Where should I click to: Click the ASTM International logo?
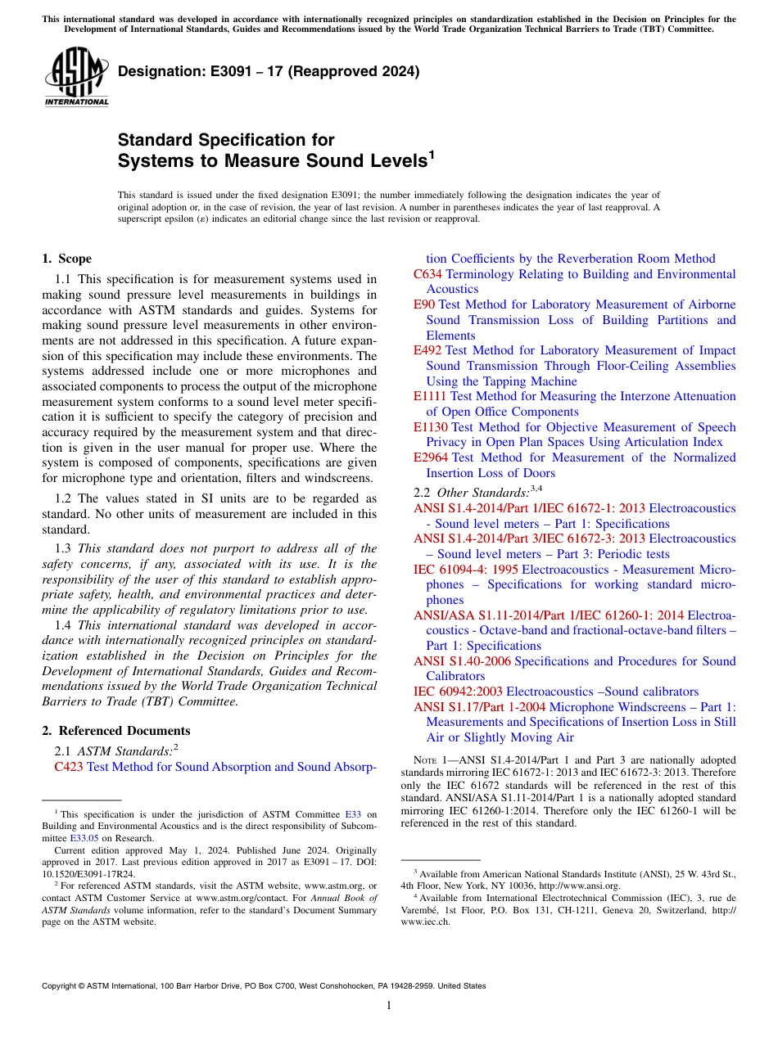click(x=75, y=78)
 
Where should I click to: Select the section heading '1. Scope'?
click(x=66, y=259)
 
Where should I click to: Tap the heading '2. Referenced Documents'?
click(x=115, y=731)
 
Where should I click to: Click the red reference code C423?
click(x=69, y=767)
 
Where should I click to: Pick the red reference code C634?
click(x=427, y=274)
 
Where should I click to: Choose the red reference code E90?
click(x=423, y=304)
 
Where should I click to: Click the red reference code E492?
click(x=427, y=350)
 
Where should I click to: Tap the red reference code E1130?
click(x=431, y=427)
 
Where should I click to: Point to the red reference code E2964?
click(x=431, y=457)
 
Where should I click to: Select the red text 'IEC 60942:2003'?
click(x=458, y=692)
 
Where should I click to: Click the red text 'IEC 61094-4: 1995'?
click(x=466, y=569)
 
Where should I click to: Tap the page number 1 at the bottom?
click(x=389, y=1005)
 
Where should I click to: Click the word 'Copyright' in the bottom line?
click(x=62, y=986)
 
